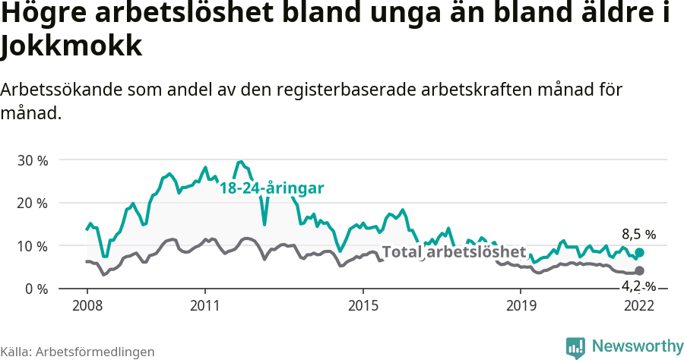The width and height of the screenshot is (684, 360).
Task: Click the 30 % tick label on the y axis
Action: click(x=32, y=160)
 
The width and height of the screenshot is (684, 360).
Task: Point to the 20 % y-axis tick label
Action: click(x=32, y=203)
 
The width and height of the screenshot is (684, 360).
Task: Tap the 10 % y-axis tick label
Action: click(x=32, y=246)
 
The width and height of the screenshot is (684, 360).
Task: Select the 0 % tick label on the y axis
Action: click(x=36, y=289)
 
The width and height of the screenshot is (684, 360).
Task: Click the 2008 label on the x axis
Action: click(x=87, y=305)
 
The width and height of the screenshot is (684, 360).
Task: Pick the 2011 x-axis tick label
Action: click(x=205, y=305)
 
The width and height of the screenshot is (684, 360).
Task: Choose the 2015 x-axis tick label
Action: click(x=363, y=305)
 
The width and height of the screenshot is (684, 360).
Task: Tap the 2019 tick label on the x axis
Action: click(x=521, y=305)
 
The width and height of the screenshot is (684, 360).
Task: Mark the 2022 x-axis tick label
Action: click(x=639, y=305)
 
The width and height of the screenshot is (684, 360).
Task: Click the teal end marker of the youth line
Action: click(x=639, y=252)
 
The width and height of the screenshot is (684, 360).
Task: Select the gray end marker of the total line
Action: click(x=639, y=271)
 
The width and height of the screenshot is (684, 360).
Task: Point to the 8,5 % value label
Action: click(x=638, y=234)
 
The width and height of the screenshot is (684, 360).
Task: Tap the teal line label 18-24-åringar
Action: click(x=272, y=188)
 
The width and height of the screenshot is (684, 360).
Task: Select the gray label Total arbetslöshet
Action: click(x=454, y=252)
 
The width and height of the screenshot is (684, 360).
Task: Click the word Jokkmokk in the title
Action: click(x=71, y=47)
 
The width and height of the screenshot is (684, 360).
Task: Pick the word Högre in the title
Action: click(x=46, y=15)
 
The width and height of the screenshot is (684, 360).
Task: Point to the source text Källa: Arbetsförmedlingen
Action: click(x=78, y=352)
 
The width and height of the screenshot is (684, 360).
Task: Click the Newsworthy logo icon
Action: click(x=575, y=347)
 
